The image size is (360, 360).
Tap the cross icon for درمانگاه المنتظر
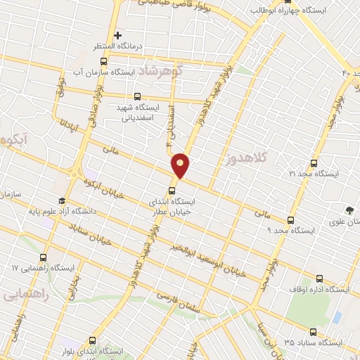click(117, 34)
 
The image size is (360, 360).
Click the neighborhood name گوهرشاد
click(160, 71)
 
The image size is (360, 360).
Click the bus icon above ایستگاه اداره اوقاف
click(321, 278)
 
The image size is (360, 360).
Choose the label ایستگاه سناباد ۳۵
click(313, 342)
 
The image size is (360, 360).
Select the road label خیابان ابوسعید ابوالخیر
click(209, 259)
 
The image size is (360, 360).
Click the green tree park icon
click(349, 210)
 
